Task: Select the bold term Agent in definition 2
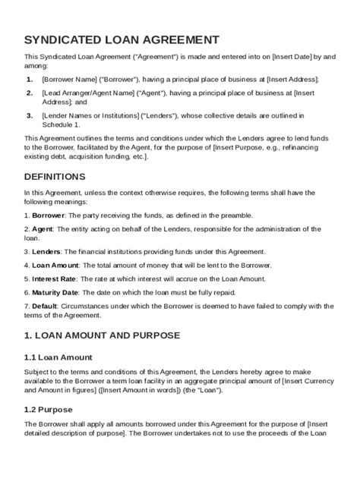point(42,228)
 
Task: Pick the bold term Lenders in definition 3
point(46,251)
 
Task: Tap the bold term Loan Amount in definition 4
point(55,265)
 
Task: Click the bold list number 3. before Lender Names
point(29,115)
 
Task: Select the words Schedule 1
point(61,124)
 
